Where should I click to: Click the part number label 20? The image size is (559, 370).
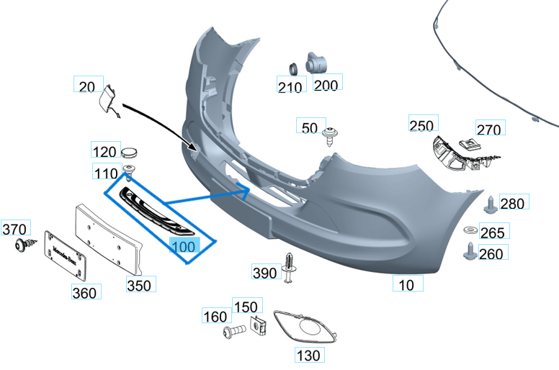pyautogui.click(x=86, y=87)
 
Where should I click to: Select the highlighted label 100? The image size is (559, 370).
pyautogui.click(x=183, y=247)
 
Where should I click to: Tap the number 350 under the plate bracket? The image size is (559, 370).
pyautogui.click(x=139, y=285)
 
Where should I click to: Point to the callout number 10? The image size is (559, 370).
pyautogui.click(x=406, y=285)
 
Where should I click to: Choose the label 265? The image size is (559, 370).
pyautogui.click(x=492, y=232)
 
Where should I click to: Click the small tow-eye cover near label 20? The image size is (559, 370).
pyautogui.click(x=110, y=99)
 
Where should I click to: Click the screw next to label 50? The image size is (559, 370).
pyautogui.click(x=331, y=135)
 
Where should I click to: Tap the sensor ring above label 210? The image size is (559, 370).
pyautogui.click(x=294, y=69)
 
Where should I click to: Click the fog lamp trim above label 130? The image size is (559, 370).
pyautogui.click(x=306, y=328)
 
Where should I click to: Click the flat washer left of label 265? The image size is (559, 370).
pyautogui.click(x=469, y=230)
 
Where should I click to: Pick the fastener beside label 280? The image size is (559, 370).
pyautogui.click(x=489, y=204)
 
